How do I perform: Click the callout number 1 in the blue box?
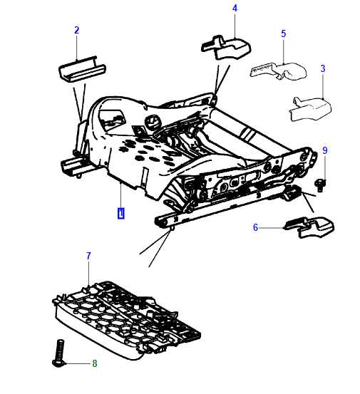[121, 213]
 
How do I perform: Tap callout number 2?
[77, 30]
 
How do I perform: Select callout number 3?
[323, 68]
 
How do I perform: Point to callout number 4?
[235, 9]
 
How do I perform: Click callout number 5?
[283, 33]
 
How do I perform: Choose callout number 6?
[255, 227]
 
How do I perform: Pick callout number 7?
[88, 256]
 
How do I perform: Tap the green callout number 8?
[95, 363]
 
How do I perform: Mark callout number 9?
[325, 150]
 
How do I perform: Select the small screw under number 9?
[321, 185]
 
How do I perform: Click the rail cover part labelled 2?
[82, 69]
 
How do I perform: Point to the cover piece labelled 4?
[226, 48]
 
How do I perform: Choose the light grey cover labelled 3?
[311, 109]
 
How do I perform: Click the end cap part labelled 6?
[309, 227]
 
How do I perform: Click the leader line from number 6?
[272, 228]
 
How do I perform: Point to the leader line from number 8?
[78, 363]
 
